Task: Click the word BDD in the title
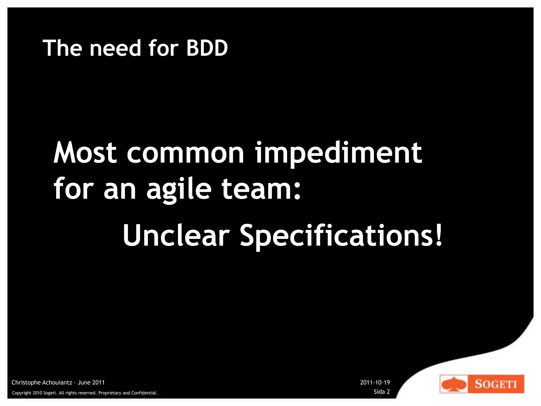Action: point(207,48)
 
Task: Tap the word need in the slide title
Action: point(115,48)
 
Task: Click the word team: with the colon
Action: point(261,189)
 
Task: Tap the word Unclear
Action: point(176,235)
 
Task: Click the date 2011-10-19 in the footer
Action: point(375,382)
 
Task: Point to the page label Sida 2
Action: point(382,392)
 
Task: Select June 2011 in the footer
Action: point(91,382)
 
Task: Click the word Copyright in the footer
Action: point(22,393)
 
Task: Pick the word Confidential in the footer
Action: point(144,393)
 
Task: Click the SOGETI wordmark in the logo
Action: point(496,384)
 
